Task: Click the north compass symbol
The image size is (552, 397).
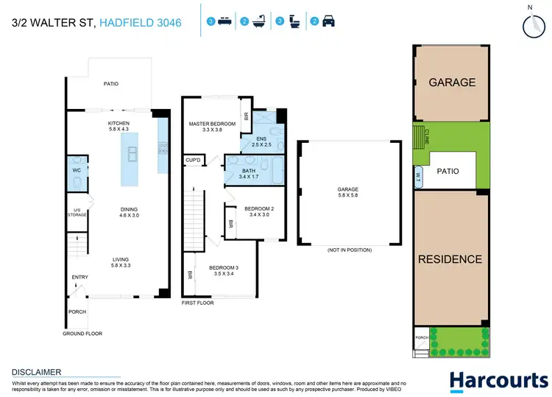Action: click(531, 24)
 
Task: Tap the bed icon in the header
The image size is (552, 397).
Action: click(224, 22)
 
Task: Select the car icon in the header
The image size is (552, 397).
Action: click(328, 22)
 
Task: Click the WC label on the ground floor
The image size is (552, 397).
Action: click(76, 170)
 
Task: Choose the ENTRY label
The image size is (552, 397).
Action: click(79, 278)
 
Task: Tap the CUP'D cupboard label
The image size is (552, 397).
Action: click(194, 160)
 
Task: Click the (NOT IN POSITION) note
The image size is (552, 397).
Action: click(349, 250)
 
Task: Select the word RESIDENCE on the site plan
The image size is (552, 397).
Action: click(450, 259)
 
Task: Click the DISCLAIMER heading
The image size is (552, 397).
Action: click(36, 372)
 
